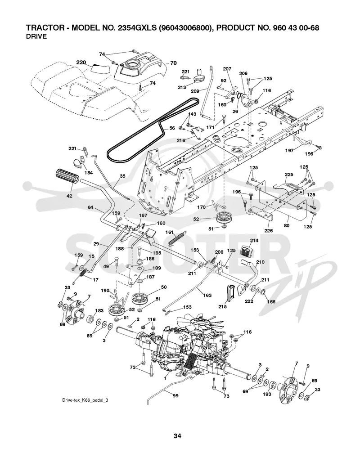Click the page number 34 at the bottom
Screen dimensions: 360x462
tap(177, 436)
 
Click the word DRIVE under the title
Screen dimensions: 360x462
tap(36, 36)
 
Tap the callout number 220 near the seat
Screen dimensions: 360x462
tap(81, 62)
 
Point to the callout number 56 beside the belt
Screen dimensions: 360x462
tap(172, 128)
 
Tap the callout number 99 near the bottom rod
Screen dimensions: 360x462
tap(175, 396)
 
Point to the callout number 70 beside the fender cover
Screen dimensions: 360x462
tap(173, 63)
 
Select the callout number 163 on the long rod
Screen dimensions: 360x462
tap(207, 295)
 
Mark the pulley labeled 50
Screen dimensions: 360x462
tap(139, 299)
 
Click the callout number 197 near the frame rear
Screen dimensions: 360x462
tap(289, 150)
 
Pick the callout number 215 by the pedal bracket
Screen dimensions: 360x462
tap(223, 307)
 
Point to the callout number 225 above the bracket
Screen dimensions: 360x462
tap(289, 175)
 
